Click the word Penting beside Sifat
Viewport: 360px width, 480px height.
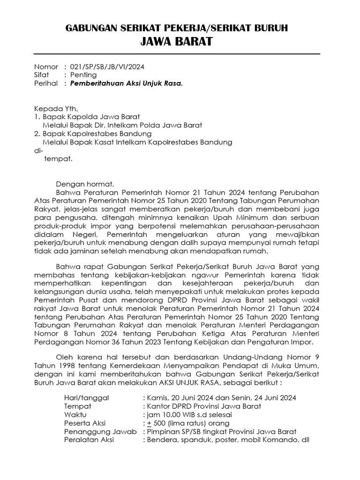click(83, 75)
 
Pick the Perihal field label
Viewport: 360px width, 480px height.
click(45, 84)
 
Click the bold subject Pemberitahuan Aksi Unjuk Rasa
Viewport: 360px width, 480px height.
click(126, 84)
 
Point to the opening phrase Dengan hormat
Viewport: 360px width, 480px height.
click(85, 184)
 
